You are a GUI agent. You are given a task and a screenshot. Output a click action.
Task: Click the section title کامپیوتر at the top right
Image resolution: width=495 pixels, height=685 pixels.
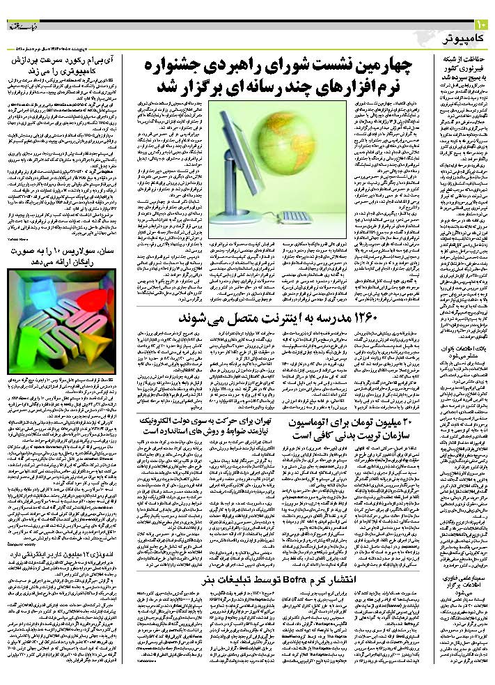[x=460, y=38]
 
